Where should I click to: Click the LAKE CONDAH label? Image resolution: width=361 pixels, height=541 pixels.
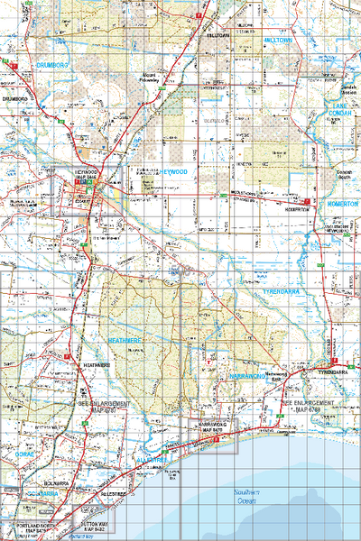tap(344, 109)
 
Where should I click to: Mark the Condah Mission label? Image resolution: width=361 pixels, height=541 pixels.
tap(347, 88)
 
